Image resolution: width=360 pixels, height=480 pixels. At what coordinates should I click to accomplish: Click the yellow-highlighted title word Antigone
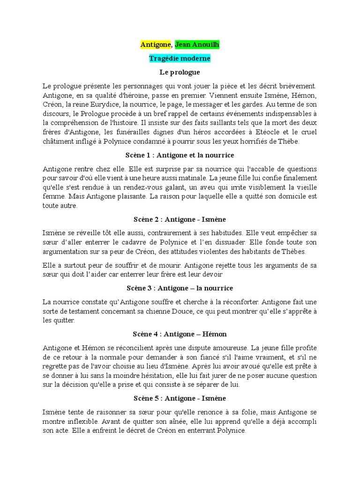[x=156, y=45]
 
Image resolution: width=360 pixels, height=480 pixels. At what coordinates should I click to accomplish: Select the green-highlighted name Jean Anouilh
[x=197, y=45]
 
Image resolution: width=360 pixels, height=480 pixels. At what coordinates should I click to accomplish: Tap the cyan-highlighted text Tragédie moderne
[x=180, y=59]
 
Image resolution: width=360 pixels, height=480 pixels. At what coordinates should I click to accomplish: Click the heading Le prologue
[x=180, y=72]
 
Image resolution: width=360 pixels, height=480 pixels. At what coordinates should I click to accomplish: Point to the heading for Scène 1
[x=180, y=155]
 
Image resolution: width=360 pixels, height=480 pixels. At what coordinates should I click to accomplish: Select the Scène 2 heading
[x=180, y=219]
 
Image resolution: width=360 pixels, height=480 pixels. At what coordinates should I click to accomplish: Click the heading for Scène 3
[x=180, y=288]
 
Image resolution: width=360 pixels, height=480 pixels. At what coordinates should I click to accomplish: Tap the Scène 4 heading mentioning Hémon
[x=180, y=334]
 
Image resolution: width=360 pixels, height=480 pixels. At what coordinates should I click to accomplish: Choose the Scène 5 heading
[x=180, y=398]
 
